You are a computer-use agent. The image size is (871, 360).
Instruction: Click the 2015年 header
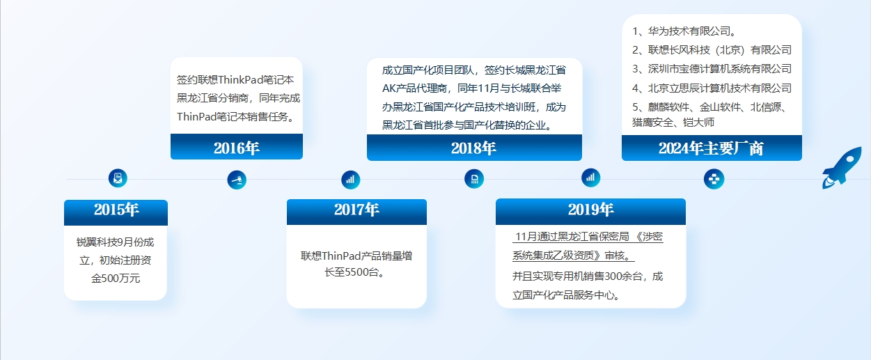point(116,212)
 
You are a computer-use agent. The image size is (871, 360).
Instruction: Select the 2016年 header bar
point(237,146)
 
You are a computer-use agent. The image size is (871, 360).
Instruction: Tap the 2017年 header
point(356,212)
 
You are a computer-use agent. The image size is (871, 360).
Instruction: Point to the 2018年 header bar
point(474,148)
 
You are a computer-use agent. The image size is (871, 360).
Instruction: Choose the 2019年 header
point(590,212)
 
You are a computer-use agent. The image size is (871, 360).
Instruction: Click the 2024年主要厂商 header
point(712,148)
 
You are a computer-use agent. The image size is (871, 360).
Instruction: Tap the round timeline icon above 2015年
point(118,178)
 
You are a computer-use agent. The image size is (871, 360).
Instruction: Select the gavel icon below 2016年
point(237,180)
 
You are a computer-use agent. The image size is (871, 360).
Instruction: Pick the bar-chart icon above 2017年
point(351,180)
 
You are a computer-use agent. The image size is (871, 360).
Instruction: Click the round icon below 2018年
point(474,179)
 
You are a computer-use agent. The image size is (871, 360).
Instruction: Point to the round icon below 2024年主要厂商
point(714,179)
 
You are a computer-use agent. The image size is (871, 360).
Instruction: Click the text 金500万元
point(116,279)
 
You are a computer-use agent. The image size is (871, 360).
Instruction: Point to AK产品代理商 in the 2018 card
point(414,88)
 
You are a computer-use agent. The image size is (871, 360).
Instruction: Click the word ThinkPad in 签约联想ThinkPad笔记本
point(241,79)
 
